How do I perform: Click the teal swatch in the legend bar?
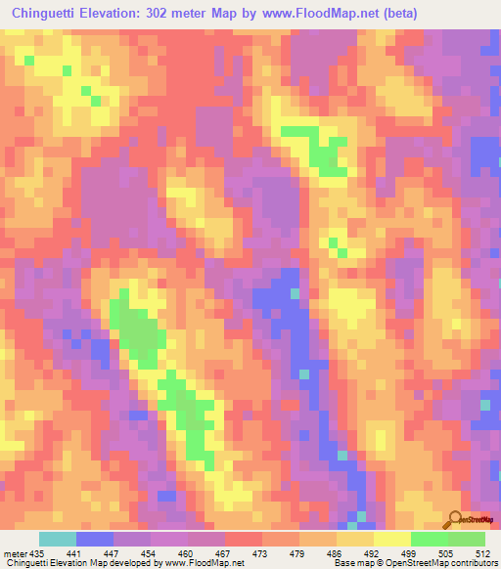point(58,539)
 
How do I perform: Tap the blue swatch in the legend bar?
point(95,539)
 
